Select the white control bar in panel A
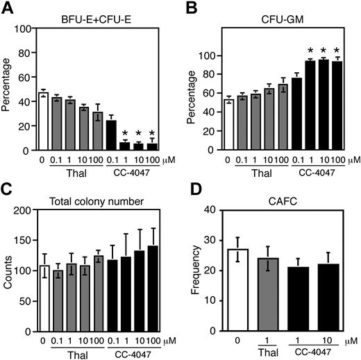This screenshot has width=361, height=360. [x=43, y=121]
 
